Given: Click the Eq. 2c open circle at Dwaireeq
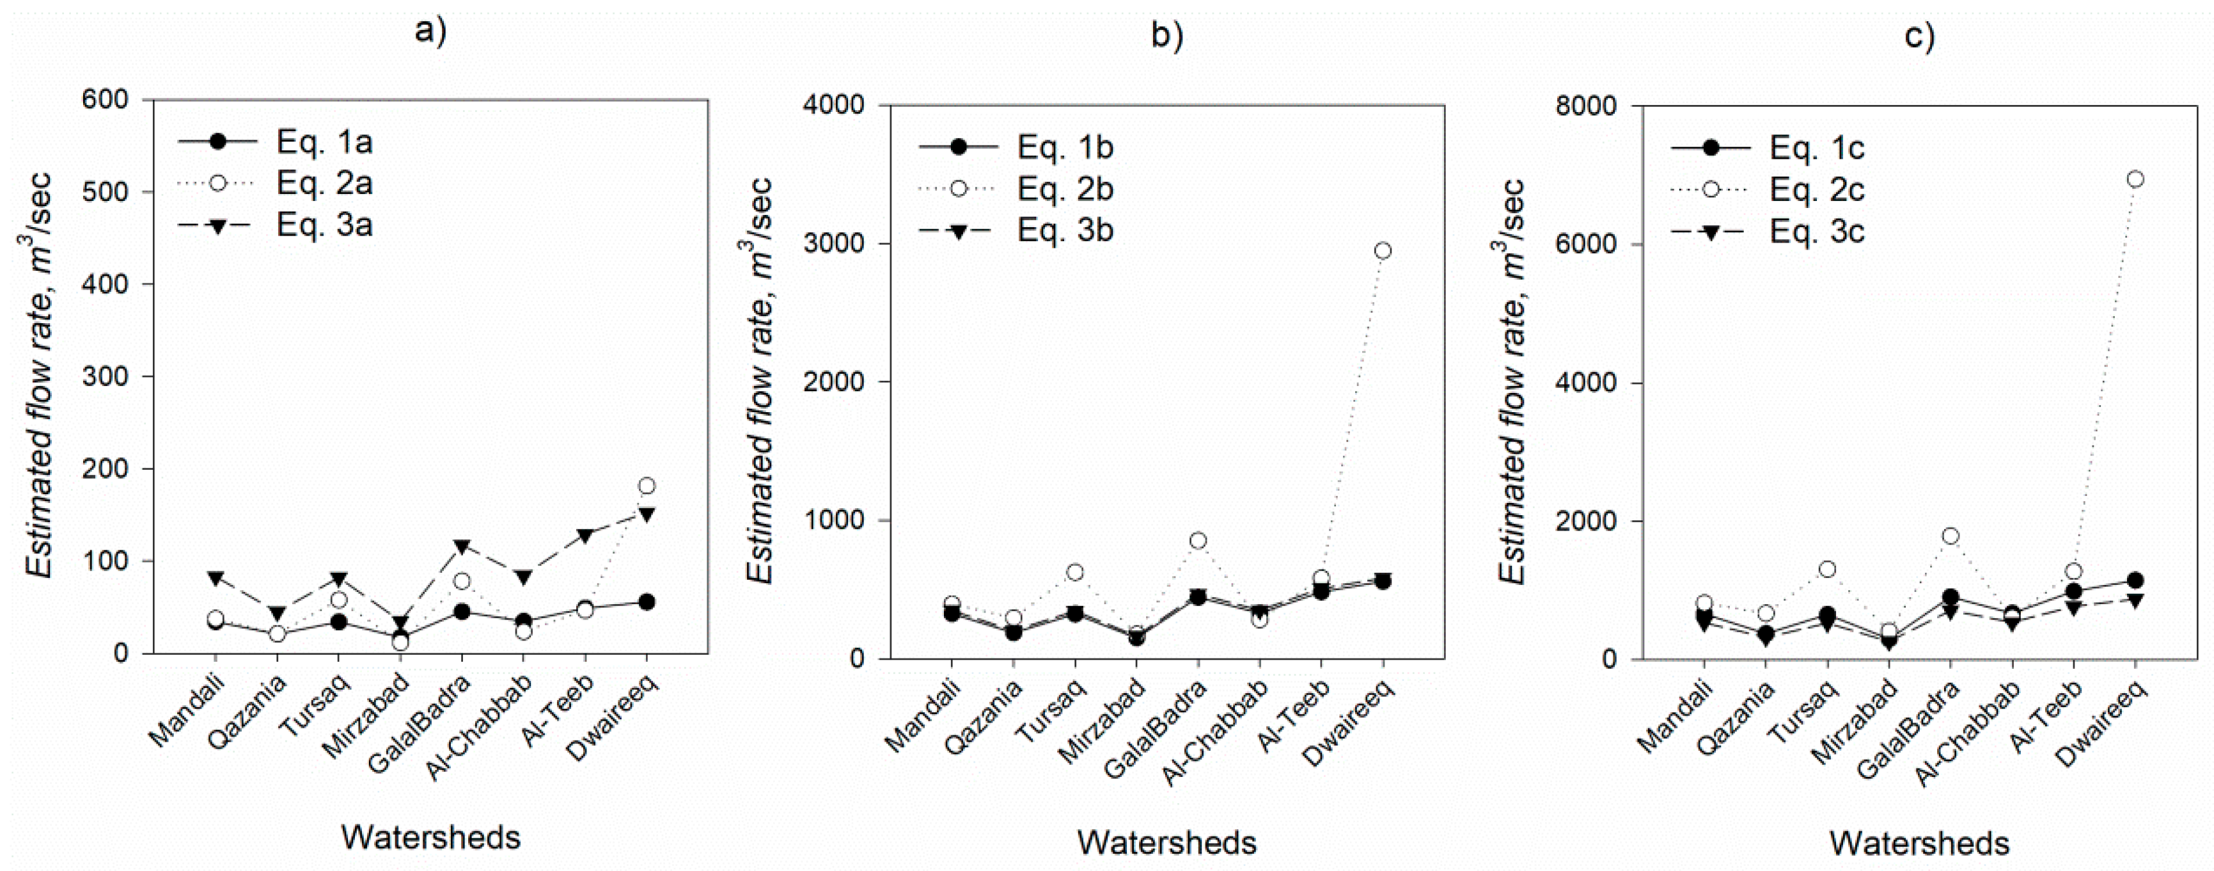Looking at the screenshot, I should coord(2135,179).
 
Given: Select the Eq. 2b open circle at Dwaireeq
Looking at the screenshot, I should coord(1383,250).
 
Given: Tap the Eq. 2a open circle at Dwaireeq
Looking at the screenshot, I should coord(647,486).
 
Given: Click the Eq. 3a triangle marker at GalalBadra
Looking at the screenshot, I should coord(462,547).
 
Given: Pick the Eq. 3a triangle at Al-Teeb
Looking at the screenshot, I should coord(585,536).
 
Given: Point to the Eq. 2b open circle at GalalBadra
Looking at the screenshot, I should coord(1198,540).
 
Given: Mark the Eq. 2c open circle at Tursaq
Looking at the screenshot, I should coord(1827,569).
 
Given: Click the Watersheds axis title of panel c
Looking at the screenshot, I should coord(1919,843).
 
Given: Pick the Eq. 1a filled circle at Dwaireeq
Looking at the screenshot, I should coord(647,602).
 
